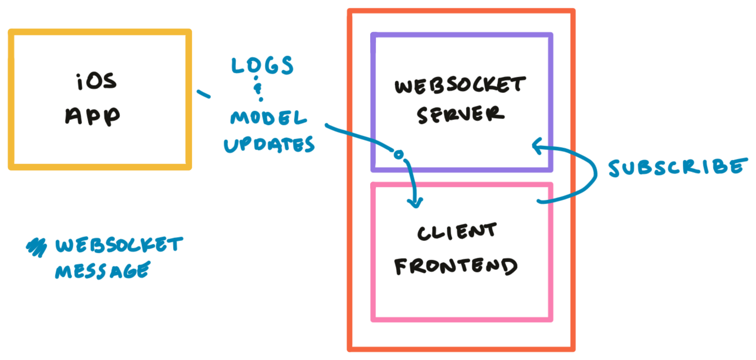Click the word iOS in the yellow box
point(97,82)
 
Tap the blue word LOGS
point(262,65)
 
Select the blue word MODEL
point(268,118)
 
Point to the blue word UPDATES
point(269,145)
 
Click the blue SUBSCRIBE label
point(677,168)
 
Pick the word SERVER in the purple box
point(461,114)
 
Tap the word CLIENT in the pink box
point(457,232)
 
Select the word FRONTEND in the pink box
point(456,266)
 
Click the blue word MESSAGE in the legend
point(102,270)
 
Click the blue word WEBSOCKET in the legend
point(119,245)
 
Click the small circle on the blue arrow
point(399,154)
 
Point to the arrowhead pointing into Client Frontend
point(416,202)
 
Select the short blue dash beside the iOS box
point(203,93)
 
